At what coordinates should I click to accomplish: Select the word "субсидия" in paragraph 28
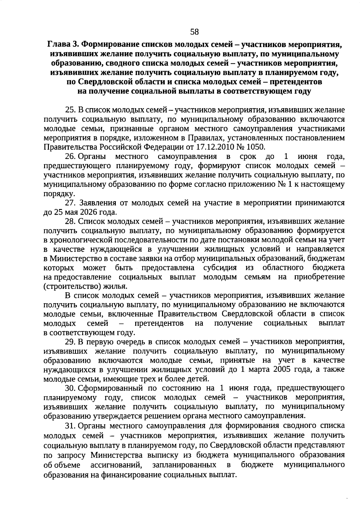coord(220,267)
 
